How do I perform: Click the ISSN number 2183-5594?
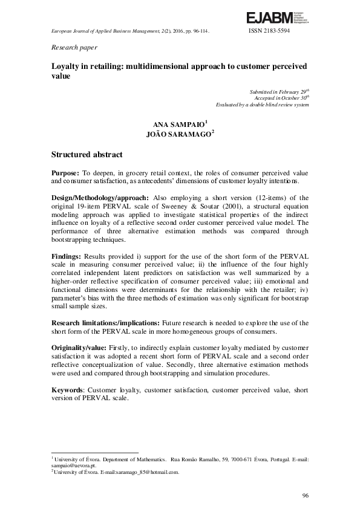pyautogui.click(x=269, y=30)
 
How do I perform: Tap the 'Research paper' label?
pyautogui.click(x=74, y=47)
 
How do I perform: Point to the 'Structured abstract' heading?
pyautogui.click(x=87, y=155)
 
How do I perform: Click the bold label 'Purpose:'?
pyautogui.click(x=65, y=173)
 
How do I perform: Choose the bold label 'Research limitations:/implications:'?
pyautogui.click(x=107, y=323)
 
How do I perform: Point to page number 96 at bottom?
pyautogui.click(x=306, y=496)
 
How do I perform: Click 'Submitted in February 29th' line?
pyautogui.click(x=279, y=91)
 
